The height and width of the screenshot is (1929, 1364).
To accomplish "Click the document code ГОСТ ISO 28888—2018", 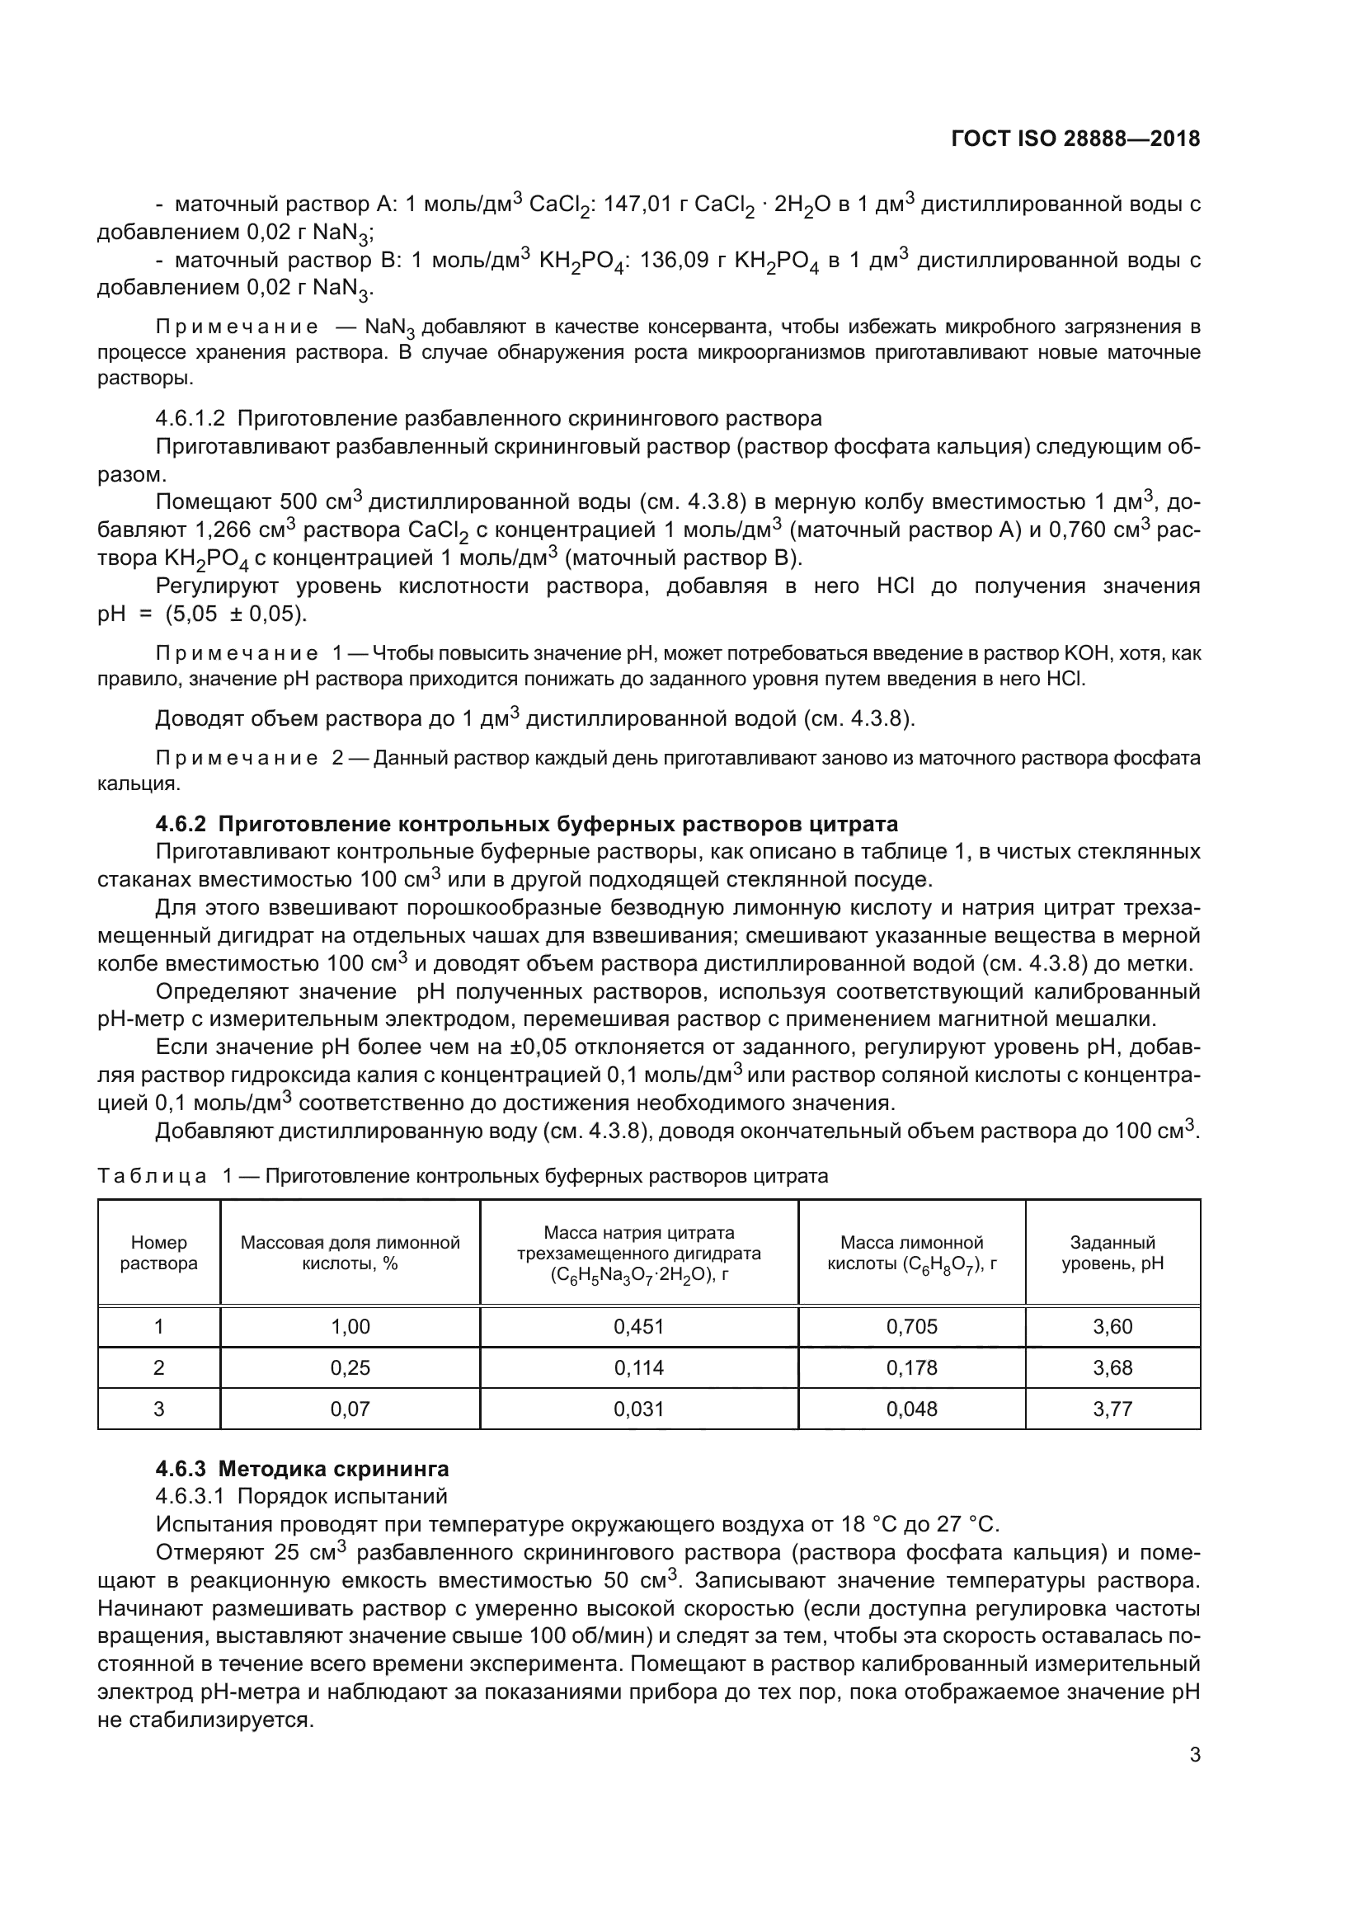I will (x=1075, y=139).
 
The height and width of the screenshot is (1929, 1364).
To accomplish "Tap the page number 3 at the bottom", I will (x=1194, y=1755).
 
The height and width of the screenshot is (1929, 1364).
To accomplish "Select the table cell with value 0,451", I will (x=638, y=1327).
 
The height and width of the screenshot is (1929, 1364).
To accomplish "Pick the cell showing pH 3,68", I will (x=1112, y=1367).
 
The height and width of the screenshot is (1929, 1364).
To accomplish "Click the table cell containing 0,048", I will (x=911, y=1409).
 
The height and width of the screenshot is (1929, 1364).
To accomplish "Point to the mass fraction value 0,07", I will (x=350, y=1409).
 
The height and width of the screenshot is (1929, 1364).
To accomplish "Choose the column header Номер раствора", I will (x=158, y=1253).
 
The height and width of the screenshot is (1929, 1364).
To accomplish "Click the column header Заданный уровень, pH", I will (x=1112, y=1253).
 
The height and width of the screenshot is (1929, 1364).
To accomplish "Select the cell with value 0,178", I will (x=911, y=1367).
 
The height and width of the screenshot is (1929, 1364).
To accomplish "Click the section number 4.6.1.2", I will (x=190, y=418).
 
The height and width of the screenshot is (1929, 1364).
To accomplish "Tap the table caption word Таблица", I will (x=152, y=1175).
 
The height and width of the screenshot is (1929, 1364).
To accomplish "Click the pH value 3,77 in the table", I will (x=1112, y=1409).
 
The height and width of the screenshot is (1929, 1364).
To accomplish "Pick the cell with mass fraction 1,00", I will (x=350, y=1327).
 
